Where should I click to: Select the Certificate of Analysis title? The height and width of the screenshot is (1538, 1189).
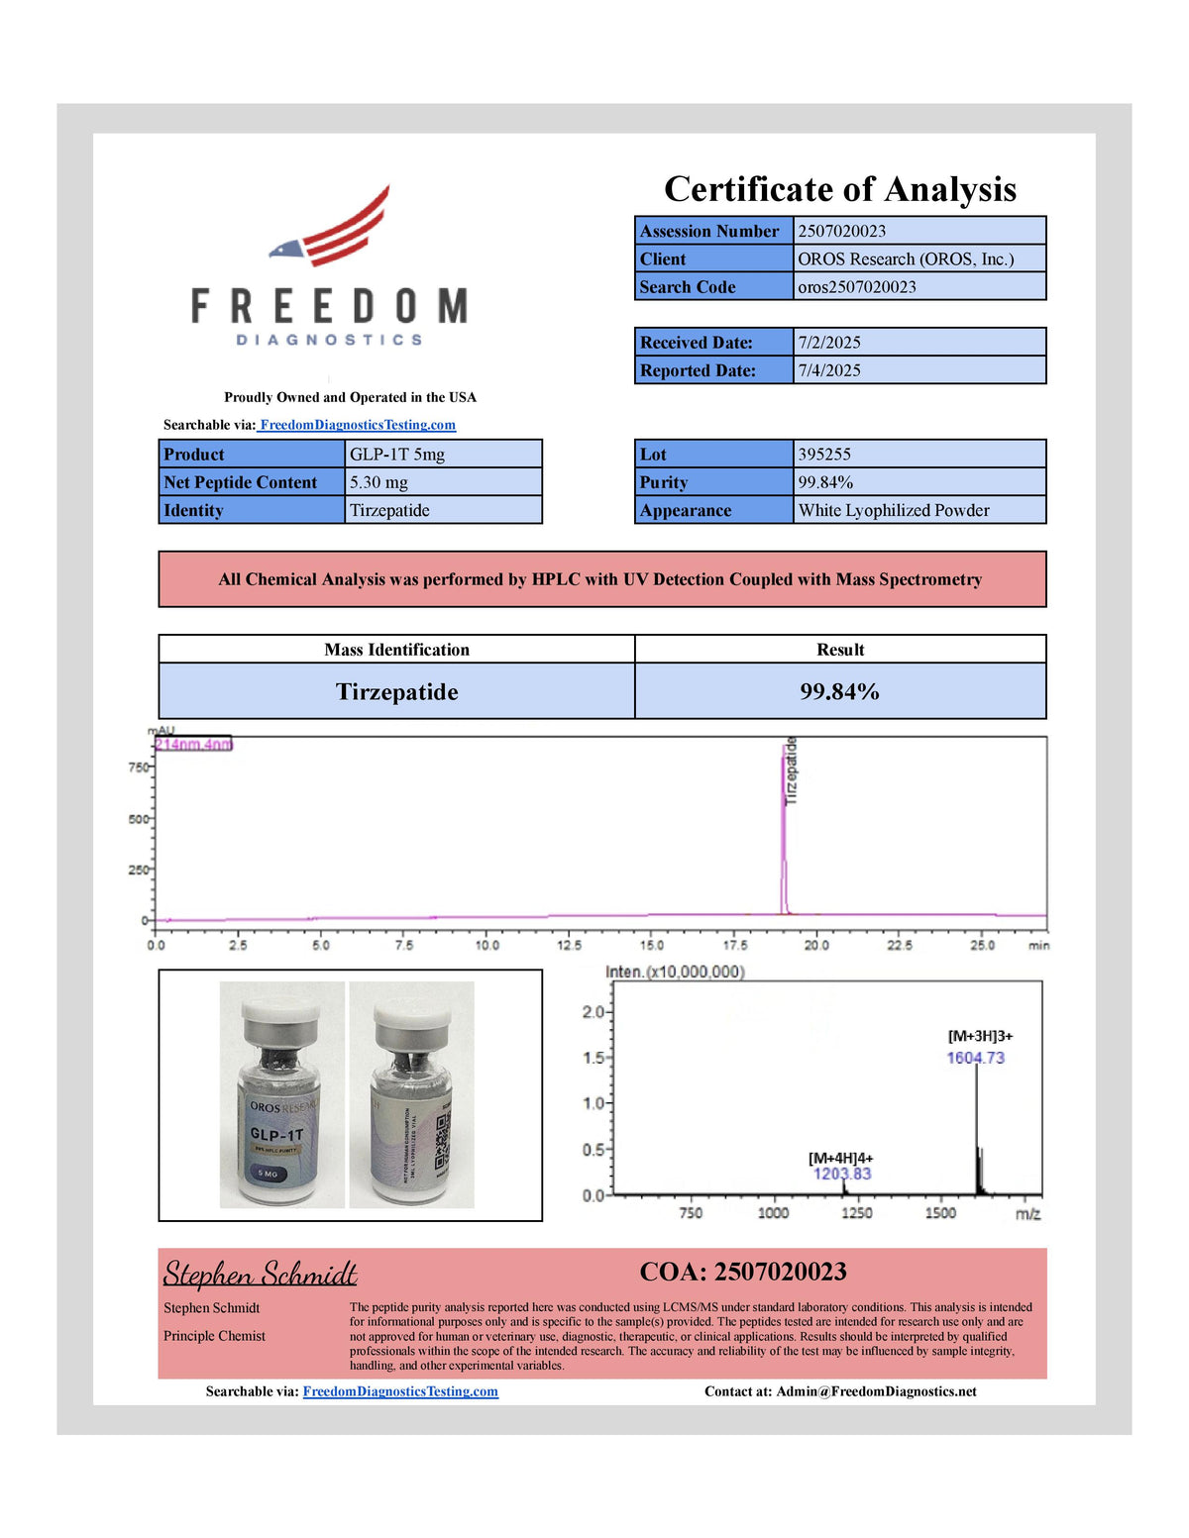click(x=839, y=189)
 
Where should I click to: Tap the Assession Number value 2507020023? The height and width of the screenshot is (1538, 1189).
click(x=841, y=231)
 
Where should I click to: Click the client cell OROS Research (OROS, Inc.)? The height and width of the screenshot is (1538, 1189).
click(x=906, y=258)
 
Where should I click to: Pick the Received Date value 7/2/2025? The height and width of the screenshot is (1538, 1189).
click(x=829, y=343)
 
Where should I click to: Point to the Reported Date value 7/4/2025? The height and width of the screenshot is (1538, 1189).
click(x=829, y=370)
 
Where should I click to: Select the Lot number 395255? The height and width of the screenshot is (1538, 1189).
click(x=824, y=455)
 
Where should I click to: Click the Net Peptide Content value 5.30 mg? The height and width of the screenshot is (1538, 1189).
click(x=378, y=482)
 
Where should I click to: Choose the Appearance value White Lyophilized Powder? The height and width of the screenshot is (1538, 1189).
click(x=894, y=510)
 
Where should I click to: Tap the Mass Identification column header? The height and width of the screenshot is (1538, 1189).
click(x=396, y=650)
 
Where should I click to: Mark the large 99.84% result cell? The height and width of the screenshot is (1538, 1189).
click(x=839, y=691)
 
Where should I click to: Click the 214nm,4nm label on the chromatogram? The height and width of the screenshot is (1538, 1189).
click(x=193, y=745)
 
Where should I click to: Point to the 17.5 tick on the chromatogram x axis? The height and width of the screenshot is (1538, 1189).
click(x=734, y=945)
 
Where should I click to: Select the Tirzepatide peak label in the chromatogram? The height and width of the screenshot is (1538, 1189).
click(x=791, y=770)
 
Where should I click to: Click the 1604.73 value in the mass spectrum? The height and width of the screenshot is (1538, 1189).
click(x=975, y=1058)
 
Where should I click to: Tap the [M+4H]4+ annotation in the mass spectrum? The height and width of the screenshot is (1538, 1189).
click(x=840, y=1158)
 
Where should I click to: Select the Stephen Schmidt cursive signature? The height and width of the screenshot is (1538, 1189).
click(x=260, y=1274)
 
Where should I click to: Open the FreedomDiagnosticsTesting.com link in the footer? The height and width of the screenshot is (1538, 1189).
click(x=400, y=1391)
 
